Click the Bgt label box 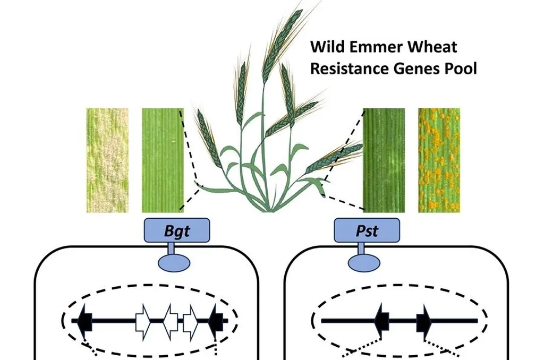pyautogui.click(x=177, y=231)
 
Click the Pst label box pyautogui.click(x=366, y=231)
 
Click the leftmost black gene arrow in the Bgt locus pyautogui.click(x=85, y=320)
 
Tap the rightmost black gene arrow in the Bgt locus pyautogui.click(x=216, y=320)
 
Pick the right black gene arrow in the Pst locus pyautogui.click(x=424, y=320)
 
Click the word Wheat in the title pyautogui.click(x=431, y=47)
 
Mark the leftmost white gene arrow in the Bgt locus pyautogui.click(x=143, y=321)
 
